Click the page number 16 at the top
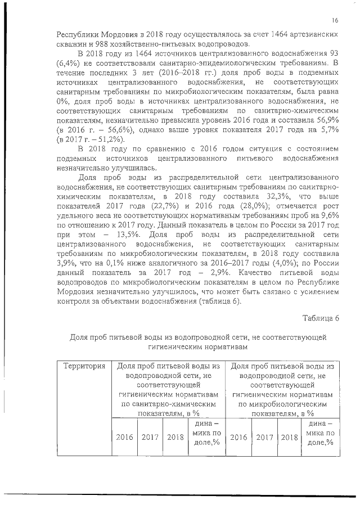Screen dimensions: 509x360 [335, 21]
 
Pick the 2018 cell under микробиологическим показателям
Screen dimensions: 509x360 [289, 436]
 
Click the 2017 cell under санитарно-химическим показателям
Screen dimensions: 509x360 [150, 436]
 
